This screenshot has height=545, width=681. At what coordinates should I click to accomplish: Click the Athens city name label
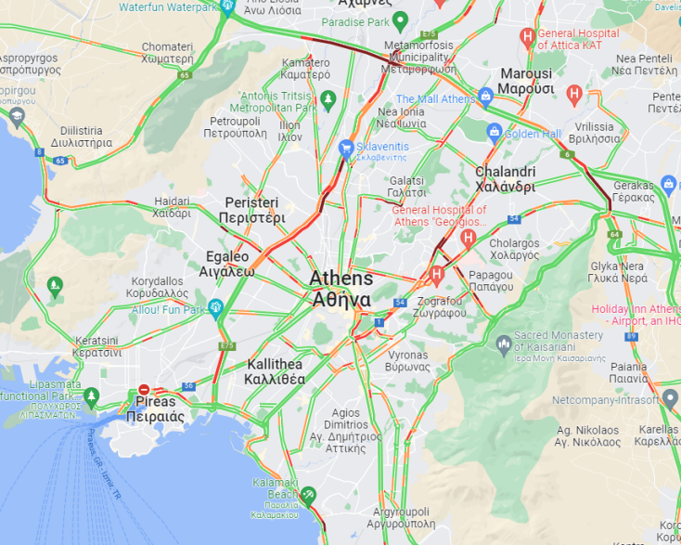341,289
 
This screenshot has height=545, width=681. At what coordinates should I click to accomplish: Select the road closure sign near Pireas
144,391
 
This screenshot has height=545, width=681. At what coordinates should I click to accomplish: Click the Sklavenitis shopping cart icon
347,147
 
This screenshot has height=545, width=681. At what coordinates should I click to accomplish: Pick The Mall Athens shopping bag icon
485,97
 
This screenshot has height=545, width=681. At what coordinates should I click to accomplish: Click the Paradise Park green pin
400,20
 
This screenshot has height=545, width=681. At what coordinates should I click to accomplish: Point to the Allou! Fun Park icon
216,307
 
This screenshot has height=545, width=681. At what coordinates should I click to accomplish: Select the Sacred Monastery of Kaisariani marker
504,344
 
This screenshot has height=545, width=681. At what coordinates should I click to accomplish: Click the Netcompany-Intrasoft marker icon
670,400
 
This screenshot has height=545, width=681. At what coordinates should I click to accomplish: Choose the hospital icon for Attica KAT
528,38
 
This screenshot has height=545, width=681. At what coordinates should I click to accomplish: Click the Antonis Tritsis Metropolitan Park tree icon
327,98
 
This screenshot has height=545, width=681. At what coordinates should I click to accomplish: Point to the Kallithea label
275,371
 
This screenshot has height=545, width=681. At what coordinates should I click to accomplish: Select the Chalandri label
505,178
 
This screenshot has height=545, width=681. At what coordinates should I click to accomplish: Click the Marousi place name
525,81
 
